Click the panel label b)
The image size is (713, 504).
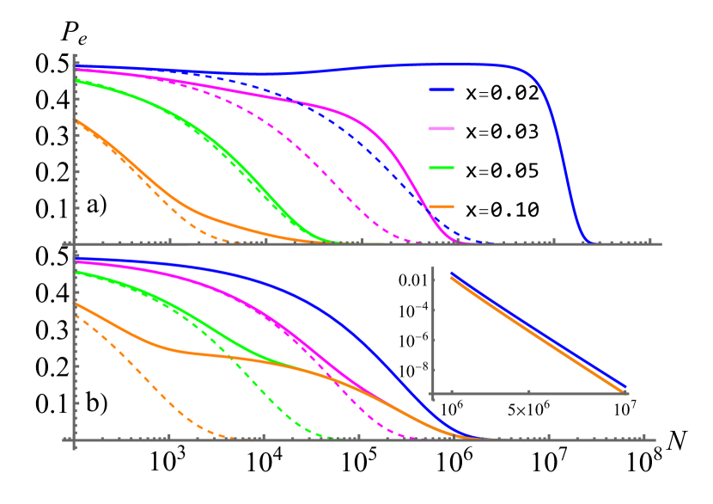pyautogui.click(x=96, y=403)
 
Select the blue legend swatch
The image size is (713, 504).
pyautogui.click(x=442, y=89)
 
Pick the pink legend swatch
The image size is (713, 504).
pyautogui.click(x=442, y=129)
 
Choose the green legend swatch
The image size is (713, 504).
pyautogui.click(x=442, y=168)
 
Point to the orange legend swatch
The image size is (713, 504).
pyautogui.click(x=442, y=206)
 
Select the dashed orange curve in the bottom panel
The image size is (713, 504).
pyautogui.click(x=146, y=378)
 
